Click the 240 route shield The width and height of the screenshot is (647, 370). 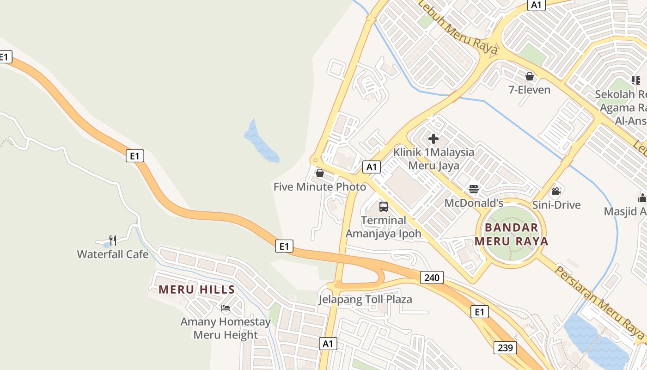click(432, 277)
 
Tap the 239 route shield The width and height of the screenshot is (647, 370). click(505, 347)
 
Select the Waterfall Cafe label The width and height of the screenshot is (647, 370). click(113, 254)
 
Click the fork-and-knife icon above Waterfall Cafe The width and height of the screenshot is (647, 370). click(113, 240)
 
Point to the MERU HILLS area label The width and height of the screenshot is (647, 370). click(197, 290)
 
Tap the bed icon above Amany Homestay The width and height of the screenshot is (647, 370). click(226, 308)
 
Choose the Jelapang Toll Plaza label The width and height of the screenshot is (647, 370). click(365, 299)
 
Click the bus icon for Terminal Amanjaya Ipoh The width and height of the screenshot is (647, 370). click(384, 207)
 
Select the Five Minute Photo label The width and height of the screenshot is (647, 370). click(320, 187)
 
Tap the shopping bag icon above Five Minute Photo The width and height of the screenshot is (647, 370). click(319, 173)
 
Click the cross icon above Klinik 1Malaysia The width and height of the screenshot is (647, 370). click(433, 138)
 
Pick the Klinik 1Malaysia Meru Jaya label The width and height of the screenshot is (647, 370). click(433, 159)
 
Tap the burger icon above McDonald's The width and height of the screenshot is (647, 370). click(474, 189)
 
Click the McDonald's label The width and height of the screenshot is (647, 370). click(474, 203)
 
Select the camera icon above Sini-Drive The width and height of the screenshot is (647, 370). click(556, 191)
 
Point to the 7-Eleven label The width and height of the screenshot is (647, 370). click(530, 90)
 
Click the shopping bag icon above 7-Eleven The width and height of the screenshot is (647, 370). click(530, 76)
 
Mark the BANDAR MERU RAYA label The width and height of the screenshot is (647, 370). click(511, 234)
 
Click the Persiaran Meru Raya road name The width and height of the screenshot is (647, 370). click(599, 301)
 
